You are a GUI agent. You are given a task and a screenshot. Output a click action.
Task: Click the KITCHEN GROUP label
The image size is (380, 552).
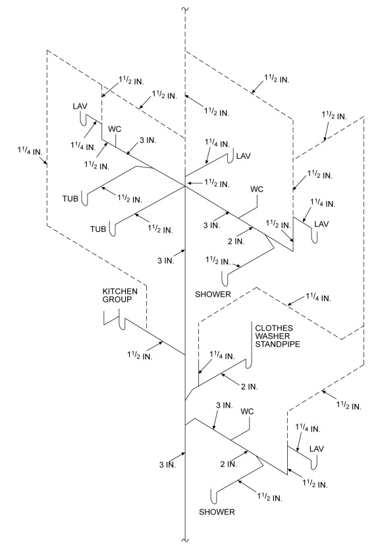120,295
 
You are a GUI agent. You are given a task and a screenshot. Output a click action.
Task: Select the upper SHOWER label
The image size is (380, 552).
213,294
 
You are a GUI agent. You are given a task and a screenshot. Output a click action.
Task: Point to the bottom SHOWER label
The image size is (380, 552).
217,512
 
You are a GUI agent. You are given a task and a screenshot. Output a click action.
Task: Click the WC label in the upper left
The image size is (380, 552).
115,129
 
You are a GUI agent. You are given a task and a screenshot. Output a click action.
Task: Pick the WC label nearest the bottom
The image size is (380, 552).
247,412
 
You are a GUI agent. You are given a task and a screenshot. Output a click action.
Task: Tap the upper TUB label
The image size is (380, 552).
70,199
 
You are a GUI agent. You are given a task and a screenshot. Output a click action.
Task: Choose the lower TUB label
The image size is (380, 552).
98,229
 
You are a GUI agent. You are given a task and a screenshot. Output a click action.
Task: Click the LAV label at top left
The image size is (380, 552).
80,106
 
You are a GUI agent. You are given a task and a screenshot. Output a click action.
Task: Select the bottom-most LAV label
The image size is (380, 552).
317,449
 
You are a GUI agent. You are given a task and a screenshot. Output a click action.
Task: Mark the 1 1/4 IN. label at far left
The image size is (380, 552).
30,152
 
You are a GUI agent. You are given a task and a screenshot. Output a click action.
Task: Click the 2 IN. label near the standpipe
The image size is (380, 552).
250,387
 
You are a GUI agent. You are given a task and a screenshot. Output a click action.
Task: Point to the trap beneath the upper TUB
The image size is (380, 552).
84,198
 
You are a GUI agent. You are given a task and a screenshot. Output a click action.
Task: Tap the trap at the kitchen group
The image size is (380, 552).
122,320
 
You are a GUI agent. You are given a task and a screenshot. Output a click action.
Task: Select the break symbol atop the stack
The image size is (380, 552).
185,9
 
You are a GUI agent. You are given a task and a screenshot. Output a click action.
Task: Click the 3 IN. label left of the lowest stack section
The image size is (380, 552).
167,464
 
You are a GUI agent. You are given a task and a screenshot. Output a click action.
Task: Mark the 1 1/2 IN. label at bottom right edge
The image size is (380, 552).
348,406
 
